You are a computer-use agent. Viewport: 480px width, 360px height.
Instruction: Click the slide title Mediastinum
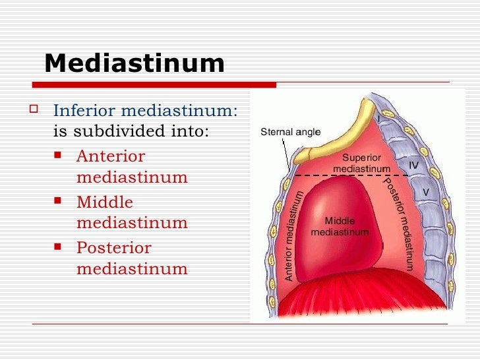tap(135, 63)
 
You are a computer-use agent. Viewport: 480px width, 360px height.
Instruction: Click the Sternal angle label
tap(290, 132)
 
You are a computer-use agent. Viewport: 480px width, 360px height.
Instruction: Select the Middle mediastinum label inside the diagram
tap(340, 227)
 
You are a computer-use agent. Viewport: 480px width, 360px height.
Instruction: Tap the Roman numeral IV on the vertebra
tap(414, 164)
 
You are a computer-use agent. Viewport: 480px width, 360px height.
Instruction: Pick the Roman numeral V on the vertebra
tap(425, 192)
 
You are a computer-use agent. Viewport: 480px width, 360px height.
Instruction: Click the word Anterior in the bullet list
tap(110, 156)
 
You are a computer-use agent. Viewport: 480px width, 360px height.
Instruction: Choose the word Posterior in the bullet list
tap(113, 248)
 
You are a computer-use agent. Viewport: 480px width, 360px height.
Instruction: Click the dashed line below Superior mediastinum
tap(349, 175)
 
